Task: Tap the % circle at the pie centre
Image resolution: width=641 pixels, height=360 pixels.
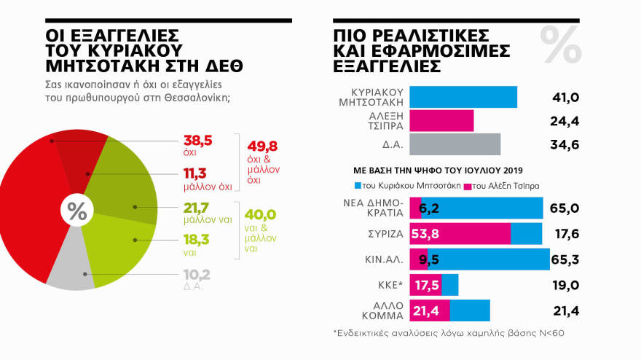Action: point(76,212)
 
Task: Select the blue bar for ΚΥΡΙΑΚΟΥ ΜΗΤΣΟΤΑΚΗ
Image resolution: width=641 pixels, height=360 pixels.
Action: point(463,97)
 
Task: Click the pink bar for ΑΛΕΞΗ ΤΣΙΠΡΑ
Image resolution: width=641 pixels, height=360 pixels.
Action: point(441,120)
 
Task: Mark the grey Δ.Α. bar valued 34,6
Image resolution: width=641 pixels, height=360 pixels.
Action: point(455,144)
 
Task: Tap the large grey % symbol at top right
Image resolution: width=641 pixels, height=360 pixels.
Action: point(561,45)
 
